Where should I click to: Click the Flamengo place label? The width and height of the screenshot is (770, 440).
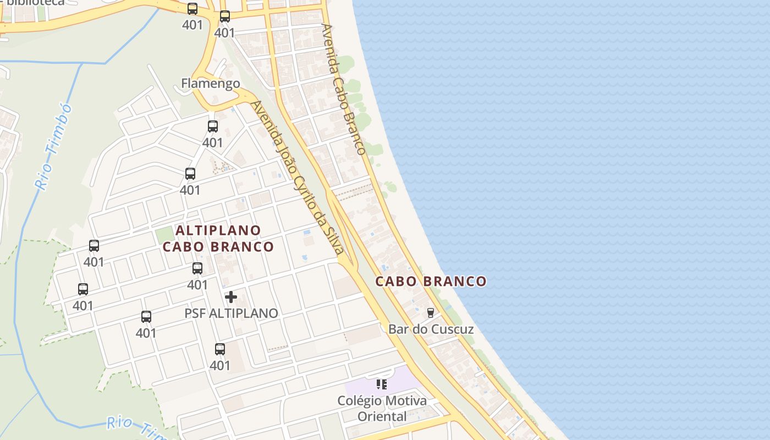[211, 84]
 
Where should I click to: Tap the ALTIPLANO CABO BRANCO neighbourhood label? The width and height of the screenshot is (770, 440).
[218, 238]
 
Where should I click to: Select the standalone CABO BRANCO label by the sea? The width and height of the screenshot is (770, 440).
[431, 282]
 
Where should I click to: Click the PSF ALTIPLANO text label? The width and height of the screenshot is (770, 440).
[231, 313]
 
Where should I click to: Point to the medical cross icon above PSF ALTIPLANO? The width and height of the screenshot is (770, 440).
[231, 297]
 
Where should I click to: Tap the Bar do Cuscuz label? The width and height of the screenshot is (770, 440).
[431, 329]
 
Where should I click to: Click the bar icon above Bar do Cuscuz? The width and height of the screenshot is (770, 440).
[431, 313]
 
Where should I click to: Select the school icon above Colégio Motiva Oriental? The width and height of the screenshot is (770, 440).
[382, 384]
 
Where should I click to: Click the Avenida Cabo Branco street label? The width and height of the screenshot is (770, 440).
[344, 89]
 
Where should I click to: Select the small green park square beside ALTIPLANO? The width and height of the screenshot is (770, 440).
[164, 235]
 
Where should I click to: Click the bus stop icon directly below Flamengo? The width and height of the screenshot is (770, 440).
[213, 127]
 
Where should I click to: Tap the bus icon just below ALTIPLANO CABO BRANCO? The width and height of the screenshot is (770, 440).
[197, 268]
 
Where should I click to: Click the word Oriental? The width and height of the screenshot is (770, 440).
[382, 416]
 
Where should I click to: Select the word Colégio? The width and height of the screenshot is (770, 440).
[360, 401]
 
